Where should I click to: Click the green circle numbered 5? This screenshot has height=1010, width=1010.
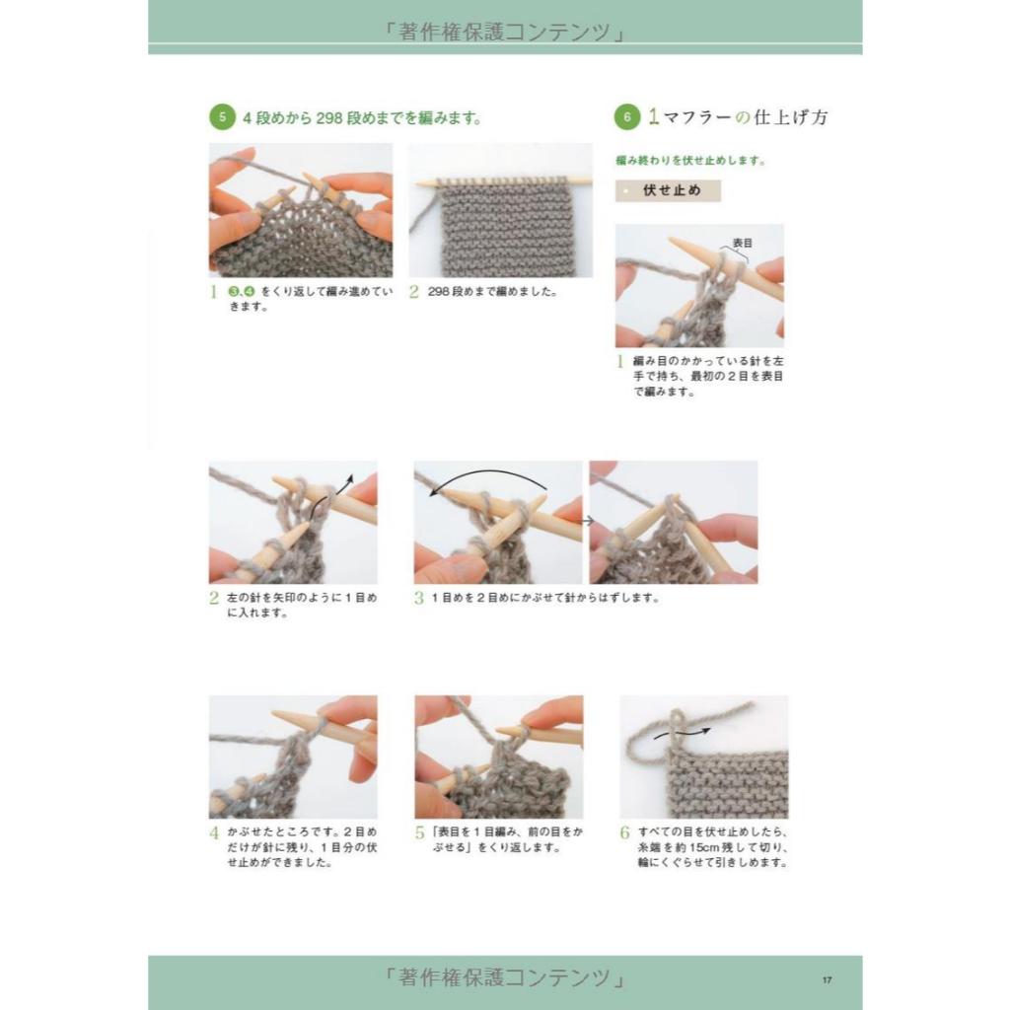click(x=222, y=116)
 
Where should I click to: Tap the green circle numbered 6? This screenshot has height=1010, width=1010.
click(x=626, y=116)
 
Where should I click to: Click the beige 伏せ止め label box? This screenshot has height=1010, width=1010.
click(x=668, y=190)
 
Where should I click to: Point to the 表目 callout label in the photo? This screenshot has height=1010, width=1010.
click(x=742, y=243)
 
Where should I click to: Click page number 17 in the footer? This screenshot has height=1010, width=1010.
click(x=827, y=979)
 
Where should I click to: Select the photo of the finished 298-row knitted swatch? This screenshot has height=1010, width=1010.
click(x=500, y=210)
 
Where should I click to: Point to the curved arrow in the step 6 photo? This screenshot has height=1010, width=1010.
click(x=683, y=733)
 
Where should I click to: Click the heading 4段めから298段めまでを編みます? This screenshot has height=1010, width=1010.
click(x=362, y=118)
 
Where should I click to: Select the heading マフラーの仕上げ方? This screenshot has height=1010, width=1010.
click(x=746, y=117)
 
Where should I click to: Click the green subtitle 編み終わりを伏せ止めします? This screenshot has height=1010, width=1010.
click(x=690, y=161)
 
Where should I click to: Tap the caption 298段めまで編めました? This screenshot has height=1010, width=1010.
click(x=492, y=291)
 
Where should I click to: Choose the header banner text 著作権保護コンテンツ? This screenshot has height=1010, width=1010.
click(x=504, y=31)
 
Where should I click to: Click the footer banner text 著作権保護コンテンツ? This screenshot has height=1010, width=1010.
click(x=504, y=977)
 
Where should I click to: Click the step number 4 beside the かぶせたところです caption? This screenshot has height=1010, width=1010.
click(x=214, y=832)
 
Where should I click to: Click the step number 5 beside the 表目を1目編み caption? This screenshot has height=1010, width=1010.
click(x=420, y=832)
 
